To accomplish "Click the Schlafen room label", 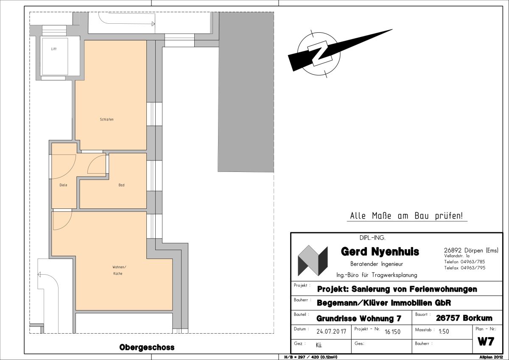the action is (x=106, y=119).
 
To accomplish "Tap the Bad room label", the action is (x=121, y=185).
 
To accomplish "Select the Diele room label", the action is (x=63, y=185).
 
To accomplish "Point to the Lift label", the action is (x=54, y=49).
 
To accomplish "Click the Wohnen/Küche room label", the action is (x=119, y=270).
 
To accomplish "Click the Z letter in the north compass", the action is (x=319, y=53).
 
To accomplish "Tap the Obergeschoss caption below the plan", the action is (x=147, y=348).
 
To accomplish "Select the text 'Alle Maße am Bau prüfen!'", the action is (x=406, y=216).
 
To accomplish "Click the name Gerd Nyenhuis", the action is (x=380, y=252).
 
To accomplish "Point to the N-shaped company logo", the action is (x=313, y=261).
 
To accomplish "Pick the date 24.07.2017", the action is (x=331, y=332).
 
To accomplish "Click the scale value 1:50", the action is (x=444, y=332).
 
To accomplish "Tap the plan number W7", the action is (x=486, y=342).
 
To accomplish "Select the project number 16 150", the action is (x=392, y=332).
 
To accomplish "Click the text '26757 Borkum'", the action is (x=464, y=318).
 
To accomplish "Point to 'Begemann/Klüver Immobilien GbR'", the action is (x=384, y=303).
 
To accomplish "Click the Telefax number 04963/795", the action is (x=473, y=268).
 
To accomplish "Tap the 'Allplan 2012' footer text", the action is (x=491, y=357).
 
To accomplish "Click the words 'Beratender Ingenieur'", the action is (x=377, y=264).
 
